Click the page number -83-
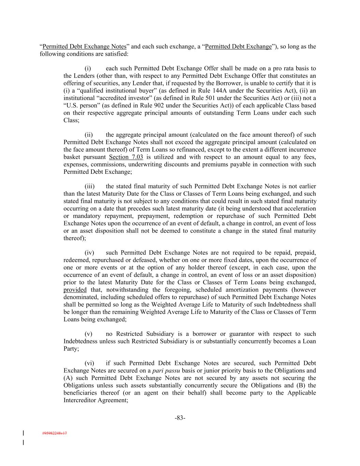click(180, 418)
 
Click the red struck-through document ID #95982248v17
click(55, 433)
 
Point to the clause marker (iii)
click(89, 186)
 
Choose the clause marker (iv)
click(89, 253)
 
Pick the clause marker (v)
click(88, 334)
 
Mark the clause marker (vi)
click(89, 363)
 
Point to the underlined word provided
click(75, 290)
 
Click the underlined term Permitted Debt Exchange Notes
click(84, 46)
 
